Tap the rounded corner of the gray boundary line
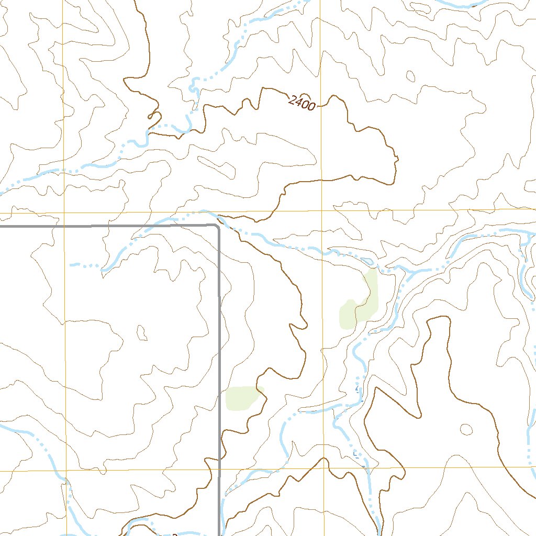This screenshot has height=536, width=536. tap(216, 227)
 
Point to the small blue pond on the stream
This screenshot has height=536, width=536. tap(367, 260)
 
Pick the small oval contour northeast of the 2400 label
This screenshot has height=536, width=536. tap(410, 76)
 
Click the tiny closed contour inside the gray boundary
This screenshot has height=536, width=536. tap(141, 332)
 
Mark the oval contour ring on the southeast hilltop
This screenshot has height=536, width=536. tap(465, 429)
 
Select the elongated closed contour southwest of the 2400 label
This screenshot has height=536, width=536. tap(215, 166)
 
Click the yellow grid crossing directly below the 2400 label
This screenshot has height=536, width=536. tap(322, 210)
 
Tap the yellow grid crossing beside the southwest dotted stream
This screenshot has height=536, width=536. tap(66, 471)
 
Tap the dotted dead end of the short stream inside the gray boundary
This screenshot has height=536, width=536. tap(72, 265)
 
